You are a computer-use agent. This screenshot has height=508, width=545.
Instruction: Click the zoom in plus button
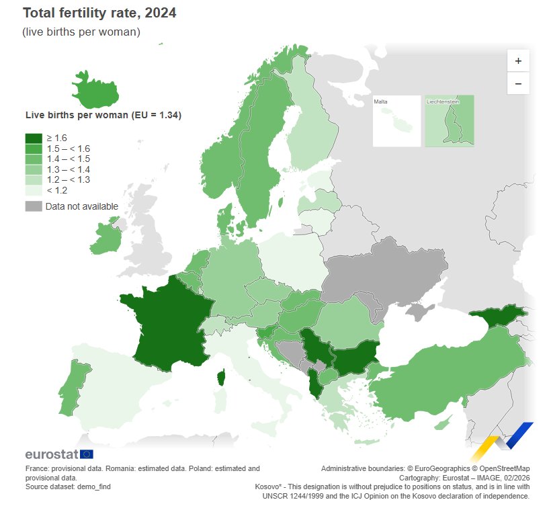point(518,60)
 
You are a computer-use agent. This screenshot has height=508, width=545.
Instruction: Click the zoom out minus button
point(518,83)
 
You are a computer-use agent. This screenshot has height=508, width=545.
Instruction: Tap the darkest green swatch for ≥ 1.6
point(34,138)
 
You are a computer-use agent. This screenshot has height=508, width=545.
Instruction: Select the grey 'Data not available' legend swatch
point(34,206)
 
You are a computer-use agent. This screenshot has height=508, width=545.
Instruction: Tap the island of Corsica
point(220,379)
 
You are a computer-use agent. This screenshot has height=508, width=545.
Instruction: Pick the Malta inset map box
point(396,121)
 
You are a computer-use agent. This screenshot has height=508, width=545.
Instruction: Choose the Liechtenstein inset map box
point(449,121)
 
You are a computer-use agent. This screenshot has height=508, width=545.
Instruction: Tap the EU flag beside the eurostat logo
point(87,454)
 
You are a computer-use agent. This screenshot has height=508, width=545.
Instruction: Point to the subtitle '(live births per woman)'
point(81,32)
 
